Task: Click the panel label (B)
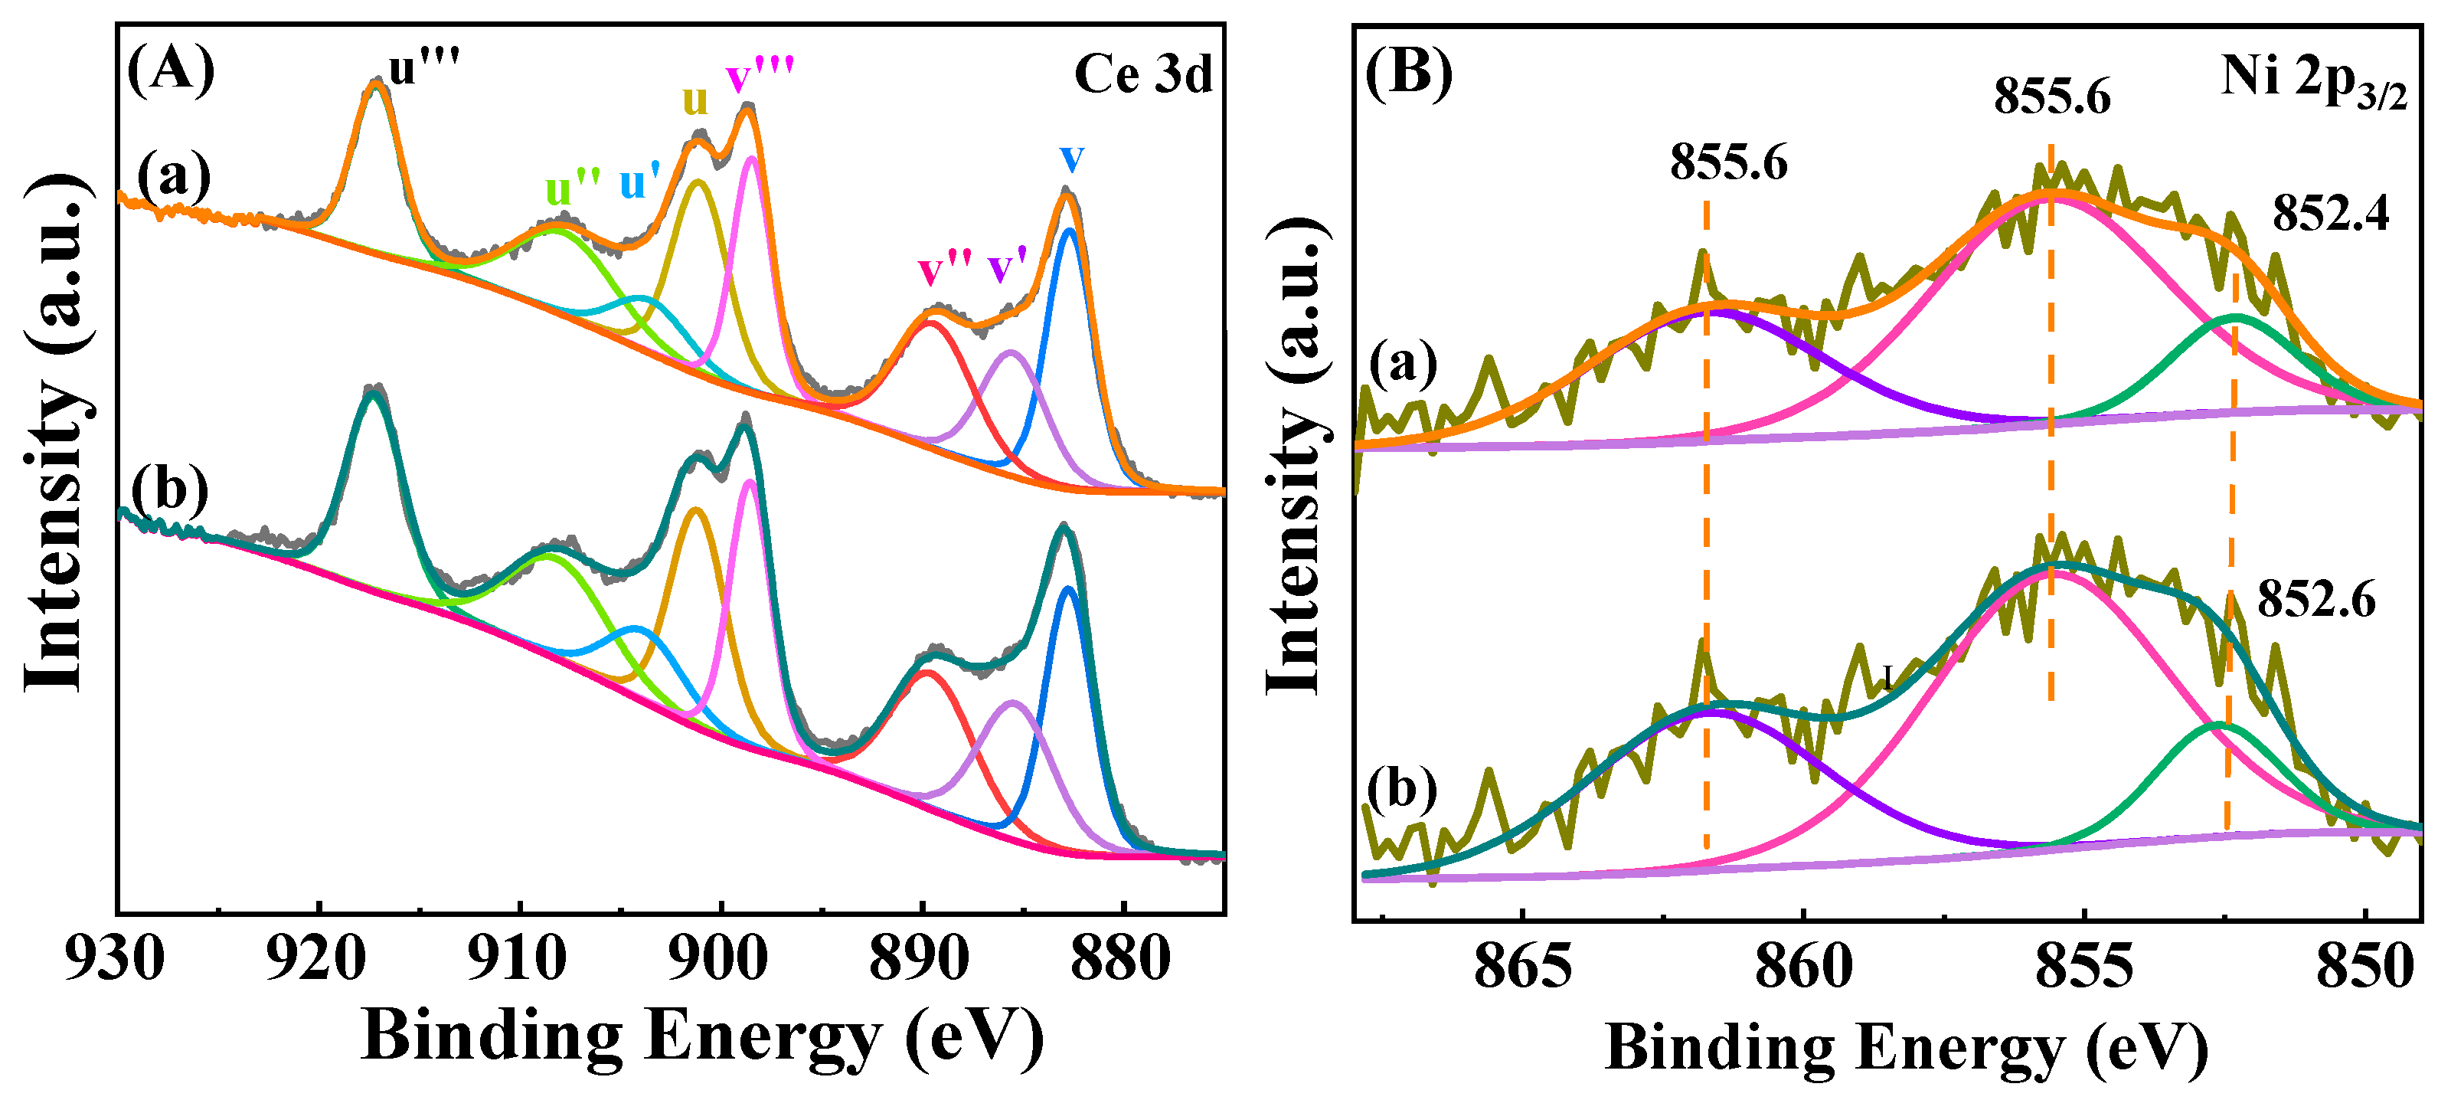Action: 1408,72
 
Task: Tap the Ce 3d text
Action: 1142,74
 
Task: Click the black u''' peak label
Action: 424,68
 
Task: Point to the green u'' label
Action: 573,188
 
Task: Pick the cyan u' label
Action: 640,184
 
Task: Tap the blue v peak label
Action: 1071,157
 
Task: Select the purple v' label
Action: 1007,269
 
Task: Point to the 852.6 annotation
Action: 2316,599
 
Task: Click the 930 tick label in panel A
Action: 115,959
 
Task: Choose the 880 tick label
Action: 1120,959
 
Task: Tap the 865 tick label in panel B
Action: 1522,967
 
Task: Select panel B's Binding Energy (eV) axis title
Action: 1906,1049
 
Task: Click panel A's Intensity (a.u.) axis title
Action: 57,433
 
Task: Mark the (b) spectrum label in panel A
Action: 169,491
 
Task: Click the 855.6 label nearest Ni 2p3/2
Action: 2052,97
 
